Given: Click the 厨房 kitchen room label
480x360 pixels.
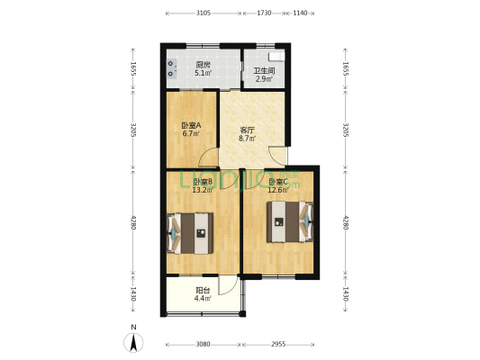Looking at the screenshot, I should pyautogui.click(x=204, y=65).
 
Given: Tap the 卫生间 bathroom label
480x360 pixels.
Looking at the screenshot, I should pyautogui.click(x=263, y=71).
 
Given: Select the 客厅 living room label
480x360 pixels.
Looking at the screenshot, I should pyautogui.click(x=247, y=130).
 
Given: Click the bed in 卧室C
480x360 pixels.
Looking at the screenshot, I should pyautogui.click(x=290, y=221).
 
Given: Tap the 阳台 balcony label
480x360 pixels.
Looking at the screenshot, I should pyautogui.click(x=203, y=291).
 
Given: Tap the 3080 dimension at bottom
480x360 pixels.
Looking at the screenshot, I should pyautogui.click(x=203, y=344).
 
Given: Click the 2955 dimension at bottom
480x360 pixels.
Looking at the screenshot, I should pyautogui.click(x=279, y=344).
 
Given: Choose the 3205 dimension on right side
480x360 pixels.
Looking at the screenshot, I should pyautogui.click(x=346, y=131).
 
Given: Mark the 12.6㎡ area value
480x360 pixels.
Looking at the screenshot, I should pyautogui.click(x=277, y=190).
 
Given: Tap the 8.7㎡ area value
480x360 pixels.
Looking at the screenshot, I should pyautogui.click(x=247, y=139).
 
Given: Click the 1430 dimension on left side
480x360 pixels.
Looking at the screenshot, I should pyautogui.click(x=134, y=293).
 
